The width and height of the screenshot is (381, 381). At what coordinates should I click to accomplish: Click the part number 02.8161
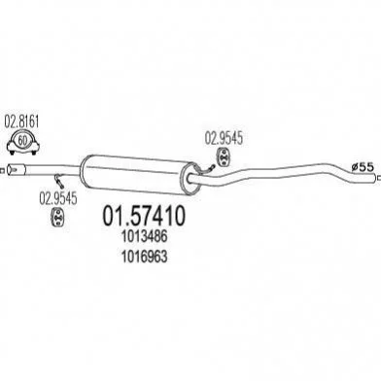[21, 121]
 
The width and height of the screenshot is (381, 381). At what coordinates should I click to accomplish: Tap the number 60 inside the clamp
[21, 141]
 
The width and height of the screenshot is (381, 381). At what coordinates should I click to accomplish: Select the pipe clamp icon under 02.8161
[22, 142]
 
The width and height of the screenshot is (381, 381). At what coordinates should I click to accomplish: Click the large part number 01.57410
[144, 216]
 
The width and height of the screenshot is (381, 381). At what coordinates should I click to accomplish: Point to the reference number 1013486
[145, 237]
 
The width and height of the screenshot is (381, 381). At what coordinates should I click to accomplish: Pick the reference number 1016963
[145, 257]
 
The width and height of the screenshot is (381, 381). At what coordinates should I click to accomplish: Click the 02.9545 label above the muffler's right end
[224, 138]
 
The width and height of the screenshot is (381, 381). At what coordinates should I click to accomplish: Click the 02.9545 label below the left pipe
[58, 198]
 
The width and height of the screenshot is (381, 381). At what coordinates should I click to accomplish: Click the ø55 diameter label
[363, 167]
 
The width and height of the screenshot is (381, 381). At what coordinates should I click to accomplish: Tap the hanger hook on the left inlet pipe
[59, 181]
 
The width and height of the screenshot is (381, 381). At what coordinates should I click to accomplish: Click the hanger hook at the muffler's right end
[206, 169]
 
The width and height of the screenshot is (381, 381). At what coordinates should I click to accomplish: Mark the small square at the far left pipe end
[2, 170]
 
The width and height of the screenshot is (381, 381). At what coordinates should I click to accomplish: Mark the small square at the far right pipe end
[379, 177]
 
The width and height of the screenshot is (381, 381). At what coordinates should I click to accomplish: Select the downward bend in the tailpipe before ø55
[338, 168]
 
